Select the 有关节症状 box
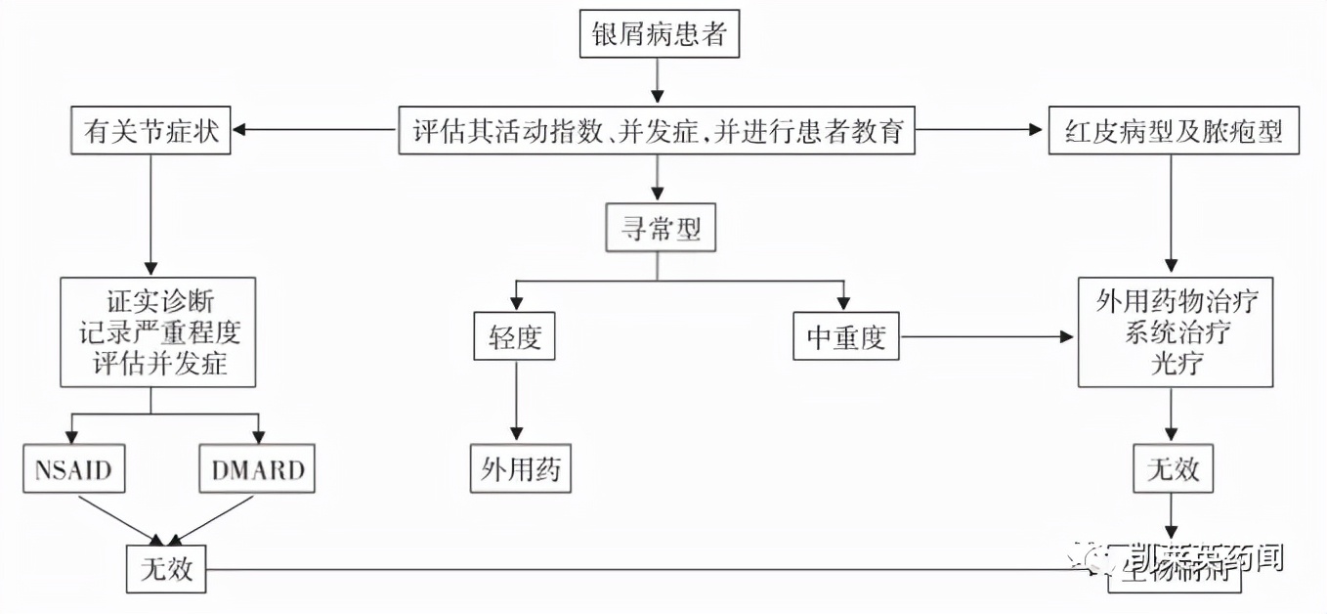tap(150, 130)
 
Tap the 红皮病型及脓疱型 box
tap(1173, 130)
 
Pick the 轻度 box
tap(514, 336)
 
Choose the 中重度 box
tap(845, 336)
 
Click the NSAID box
tap(73, 470)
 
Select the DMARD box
tap(258, 470)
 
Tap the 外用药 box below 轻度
tap(520, 469)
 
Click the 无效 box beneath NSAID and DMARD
tap(166, 569)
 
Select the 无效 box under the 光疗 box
tap(1173, 469)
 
